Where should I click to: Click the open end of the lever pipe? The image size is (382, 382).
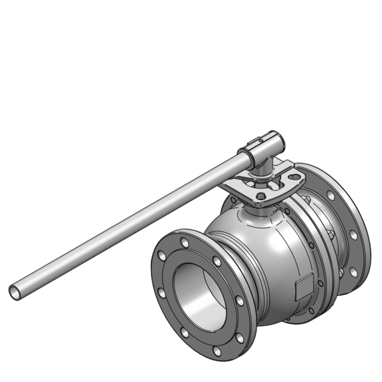pos(15,292)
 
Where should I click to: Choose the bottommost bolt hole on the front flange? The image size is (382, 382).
pos(217,351)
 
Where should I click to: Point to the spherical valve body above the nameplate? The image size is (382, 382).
pos(267,248)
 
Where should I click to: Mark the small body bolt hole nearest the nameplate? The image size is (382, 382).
pos(316,281)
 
